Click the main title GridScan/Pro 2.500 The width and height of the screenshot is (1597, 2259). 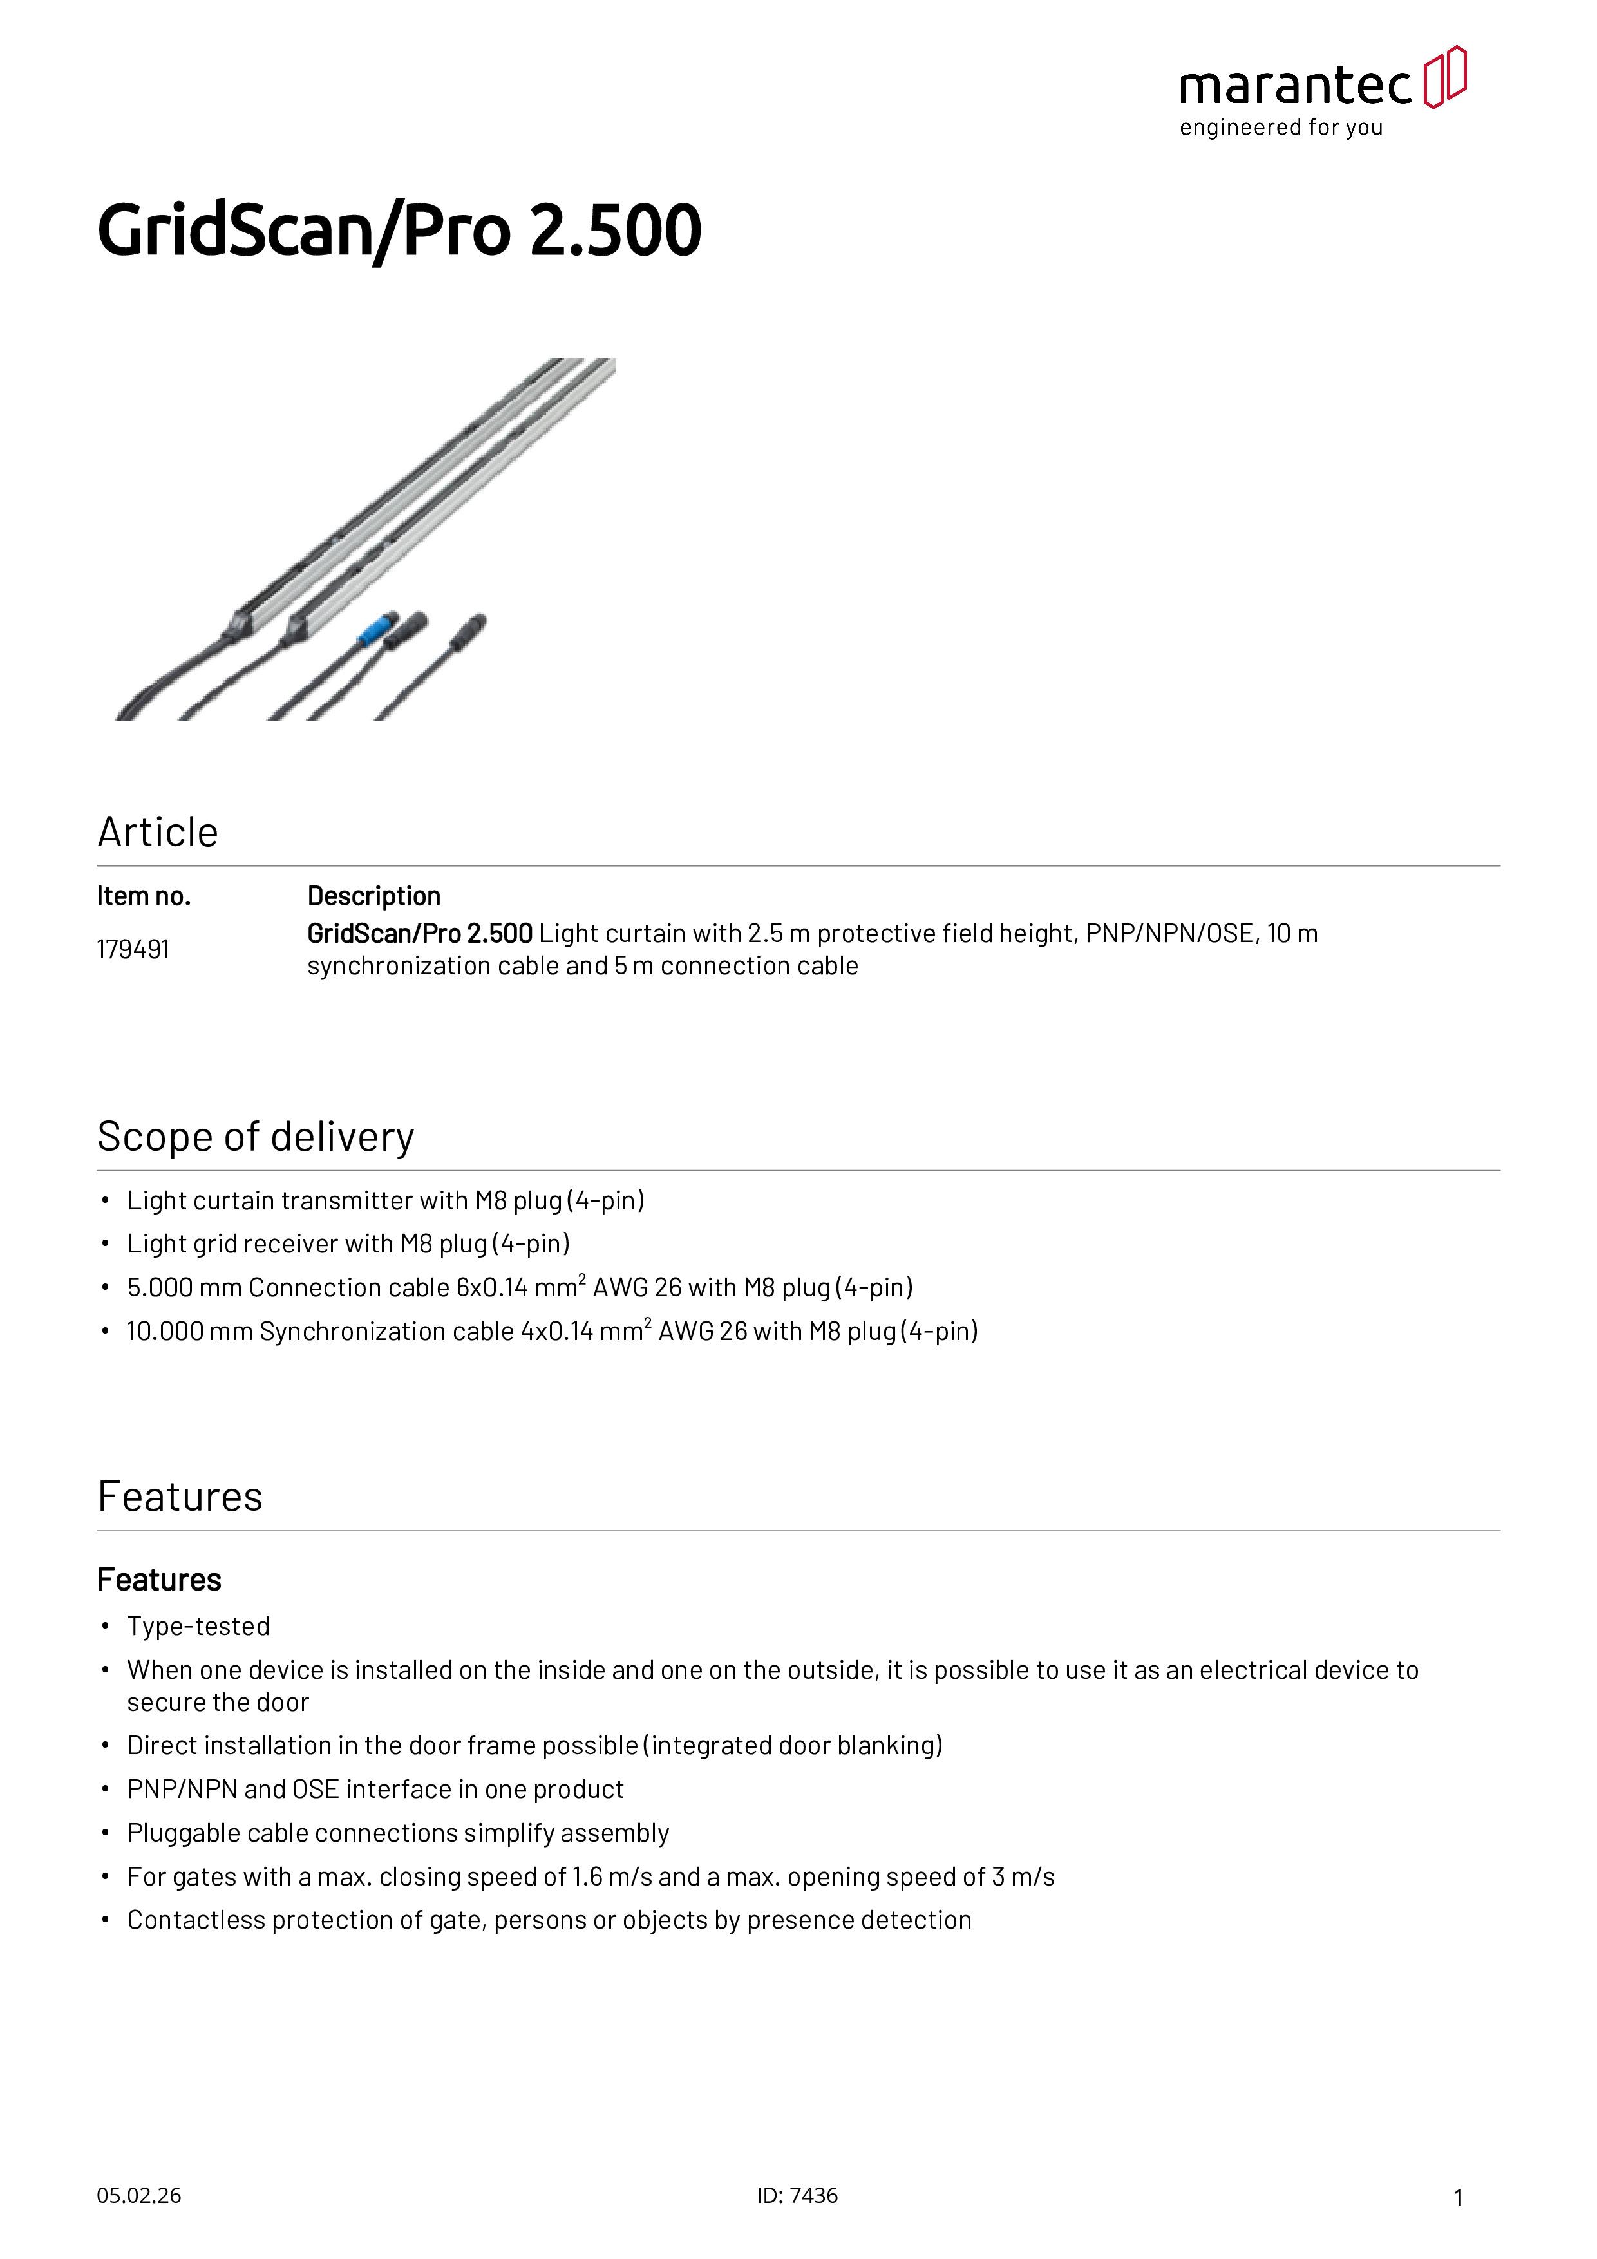399,231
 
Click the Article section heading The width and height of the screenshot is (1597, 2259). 157,833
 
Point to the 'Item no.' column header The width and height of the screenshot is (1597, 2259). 144,896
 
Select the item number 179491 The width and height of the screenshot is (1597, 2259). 133,949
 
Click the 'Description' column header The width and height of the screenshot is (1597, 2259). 374,896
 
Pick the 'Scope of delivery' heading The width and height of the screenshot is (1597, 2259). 255,1137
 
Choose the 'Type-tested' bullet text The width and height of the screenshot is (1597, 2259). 198,1627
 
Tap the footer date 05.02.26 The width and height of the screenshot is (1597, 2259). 138,2196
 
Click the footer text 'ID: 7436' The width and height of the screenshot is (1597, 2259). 797,2196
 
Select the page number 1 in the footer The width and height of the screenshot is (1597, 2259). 1459,2198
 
